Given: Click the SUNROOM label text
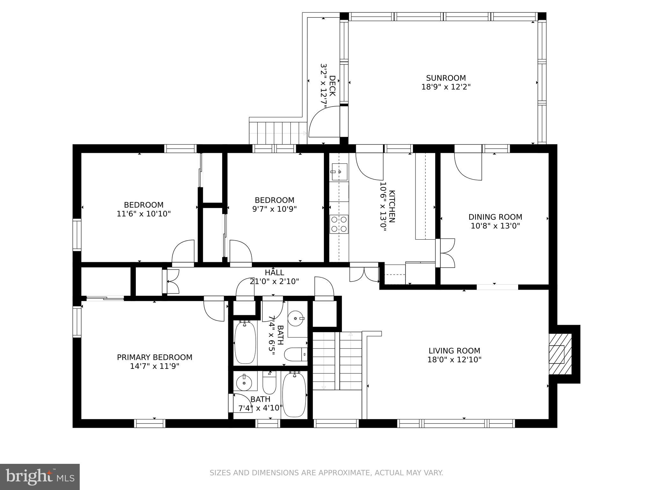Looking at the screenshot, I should (446, 78).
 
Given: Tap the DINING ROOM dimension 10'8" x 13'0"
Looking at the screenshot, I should (495, 226).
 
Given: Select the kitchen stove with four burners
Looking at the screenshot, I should (339, 224).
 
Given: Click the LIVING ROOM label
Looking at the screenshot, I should (454, 351).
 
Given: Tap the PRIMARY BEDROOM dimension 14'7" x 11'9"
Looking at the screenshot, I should (155, 366).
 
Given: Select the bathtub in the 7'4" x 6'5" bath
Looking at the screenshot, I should (245, 343).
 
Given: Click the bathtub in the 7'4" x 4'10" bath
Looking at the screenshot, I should (294, 394).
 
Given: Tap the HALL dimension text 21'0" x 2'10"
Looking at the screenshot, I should (274, 281).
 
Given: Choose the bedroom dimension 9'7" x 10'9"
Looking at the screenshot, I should (274, 209).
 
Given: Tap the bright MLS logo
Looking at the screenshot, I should (40, 477).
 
